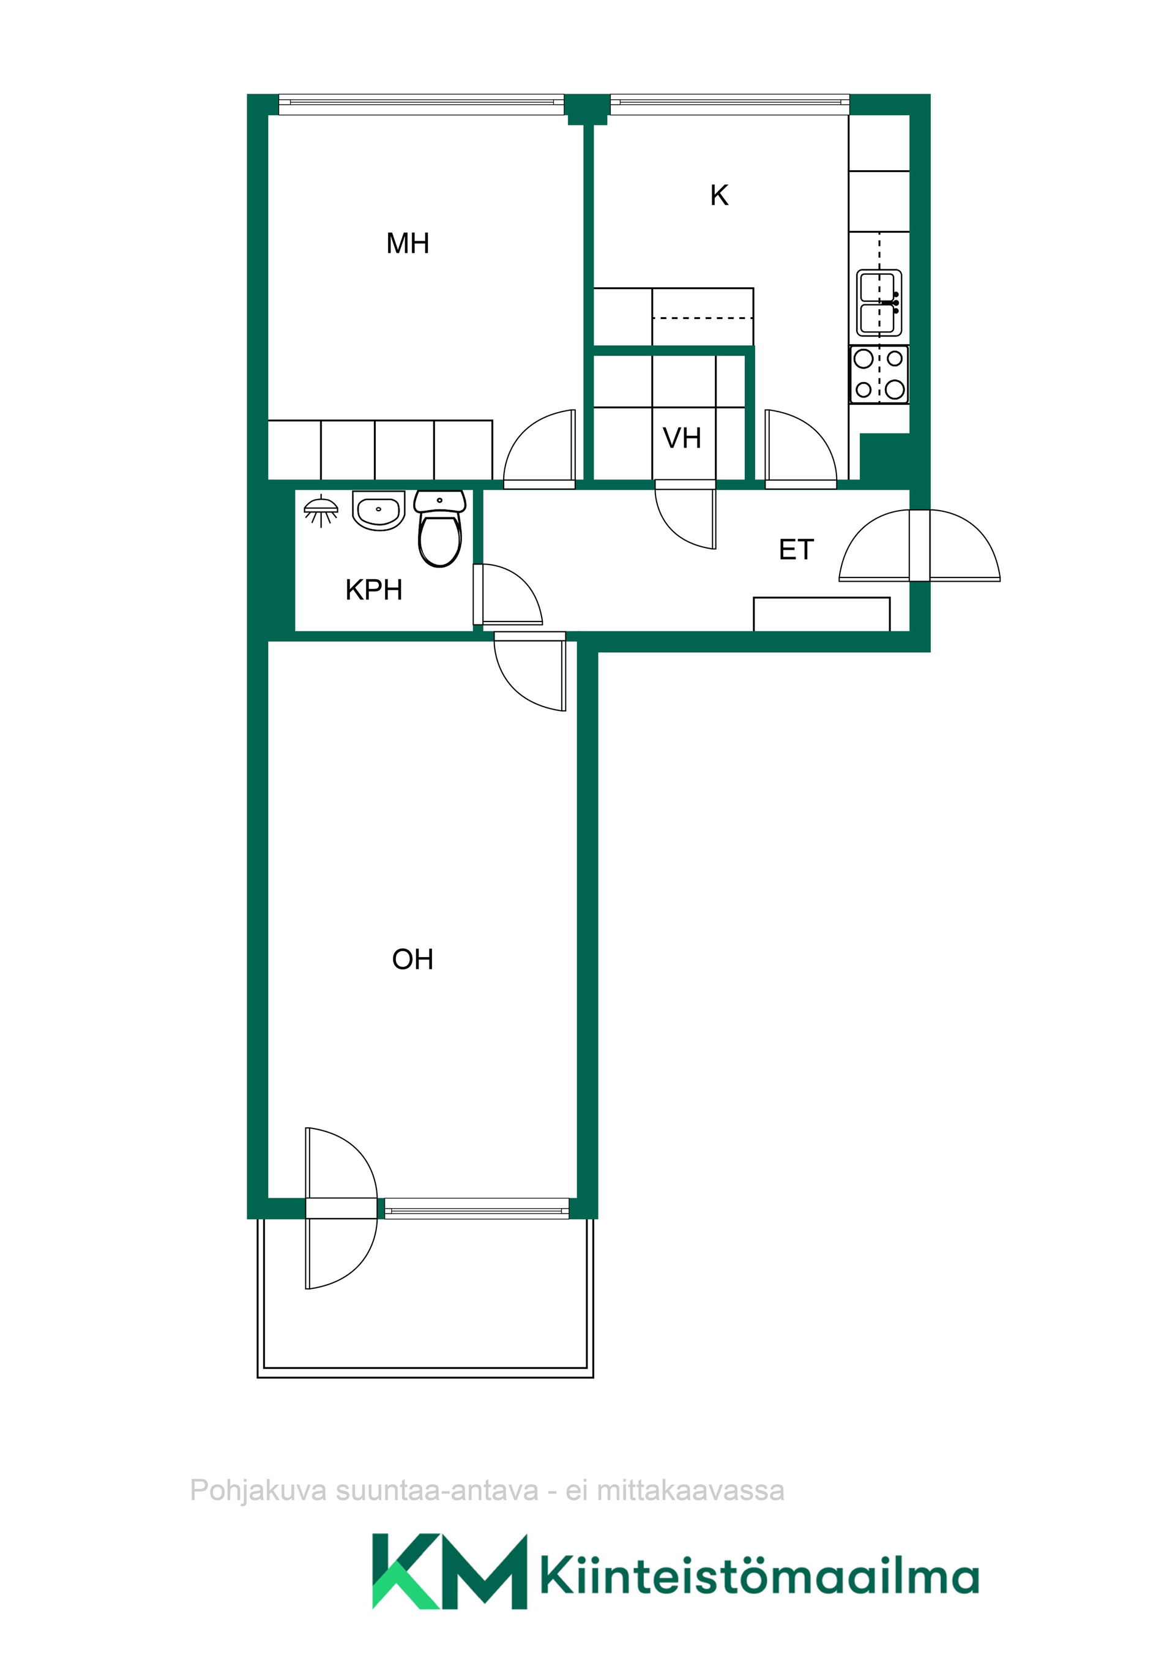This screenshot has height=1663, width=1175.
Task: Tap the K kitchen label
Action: coord(719,195)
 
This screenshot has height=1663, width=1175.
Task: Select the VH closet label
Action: coord(682,438)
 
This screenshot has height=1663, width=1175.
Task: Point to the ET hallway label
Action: coord(796,550)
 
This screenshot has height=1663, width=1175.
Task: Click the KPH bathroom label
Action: coord(373,590)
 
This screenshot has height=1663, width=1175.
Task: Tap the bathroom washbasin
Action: coord(379,510)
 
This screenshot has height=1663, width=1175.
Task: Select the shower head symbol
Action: coord(321,510)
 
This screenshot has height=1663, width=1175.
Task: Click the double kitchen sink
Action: coord(879,304)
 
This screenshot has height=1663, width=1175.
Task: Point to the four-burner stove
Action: coord(879,375)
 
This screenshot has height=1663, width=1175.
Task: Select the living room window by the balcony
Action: coord(477,1208)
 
